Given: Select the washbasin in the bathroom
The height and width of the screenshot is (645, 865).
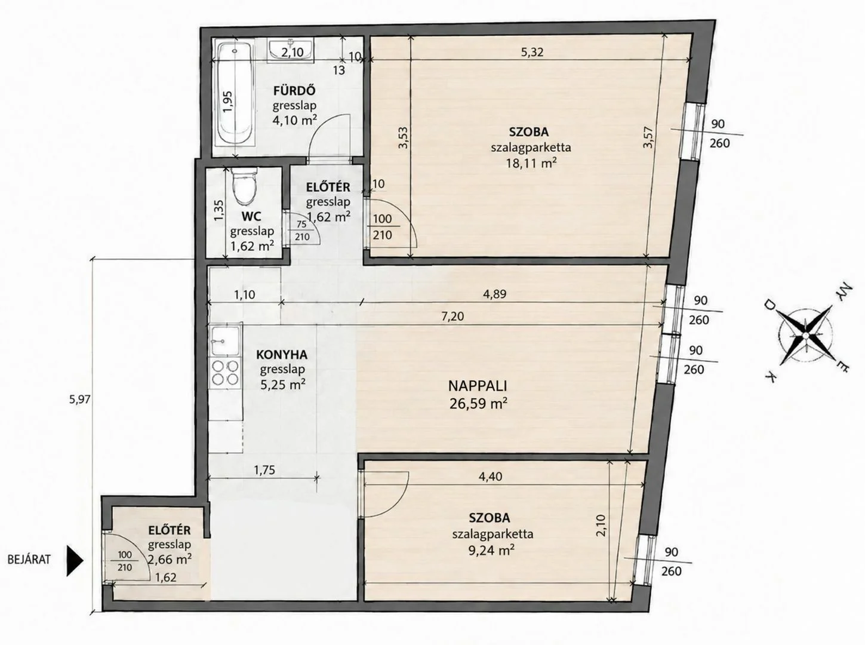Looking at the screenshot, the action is click(x=292, y=50).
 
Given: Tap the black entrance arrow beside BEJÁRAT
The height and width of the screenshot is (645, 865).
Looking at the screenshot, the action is click(x=75, y=561).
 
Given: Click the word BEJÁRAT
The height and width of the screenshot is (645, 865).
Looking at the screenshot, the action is click(x=29, y=560).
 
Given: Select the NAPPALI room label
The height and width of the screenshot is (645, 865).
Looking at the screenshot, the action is click(x=478, y=386).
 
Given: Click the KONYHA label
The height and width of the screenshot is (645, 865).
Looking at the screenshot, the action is click(x=282, y=355).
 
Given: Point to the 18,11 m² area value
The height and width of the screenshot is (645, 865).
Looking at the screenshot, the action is click(x=531, y=163).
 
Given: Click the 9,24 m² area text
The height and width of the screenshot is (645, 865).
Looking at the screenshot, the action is click(x=491, y=549).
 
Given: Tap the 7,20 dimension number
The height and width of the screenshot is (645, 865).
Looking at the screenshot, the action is click(x=452, y=316).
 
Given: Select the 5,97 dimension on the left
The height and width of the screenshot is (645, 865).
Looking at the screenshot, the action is click(x=80, y=400).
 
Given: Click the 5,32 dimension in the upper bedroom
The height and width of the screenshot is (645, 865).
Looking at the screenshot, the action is click(x=532, y=52).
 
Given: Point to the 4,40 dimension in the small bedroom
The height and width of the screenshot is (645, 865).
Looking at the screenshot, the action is click(x=491, y=477).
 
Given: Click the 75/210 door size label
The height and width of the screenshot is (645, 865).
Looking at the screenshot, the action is click(x=301, y=231).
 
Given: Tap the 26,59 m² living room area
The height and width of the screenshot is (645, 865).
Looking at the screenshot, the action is click(x=478, y=403).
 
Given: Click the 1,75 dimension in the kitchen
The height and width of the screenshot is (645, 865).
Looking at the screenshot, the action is click(x=264, y=471).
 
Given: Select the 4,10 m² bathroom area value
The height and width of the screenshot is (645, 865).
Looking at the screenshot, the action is click(x=295, y=119).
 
